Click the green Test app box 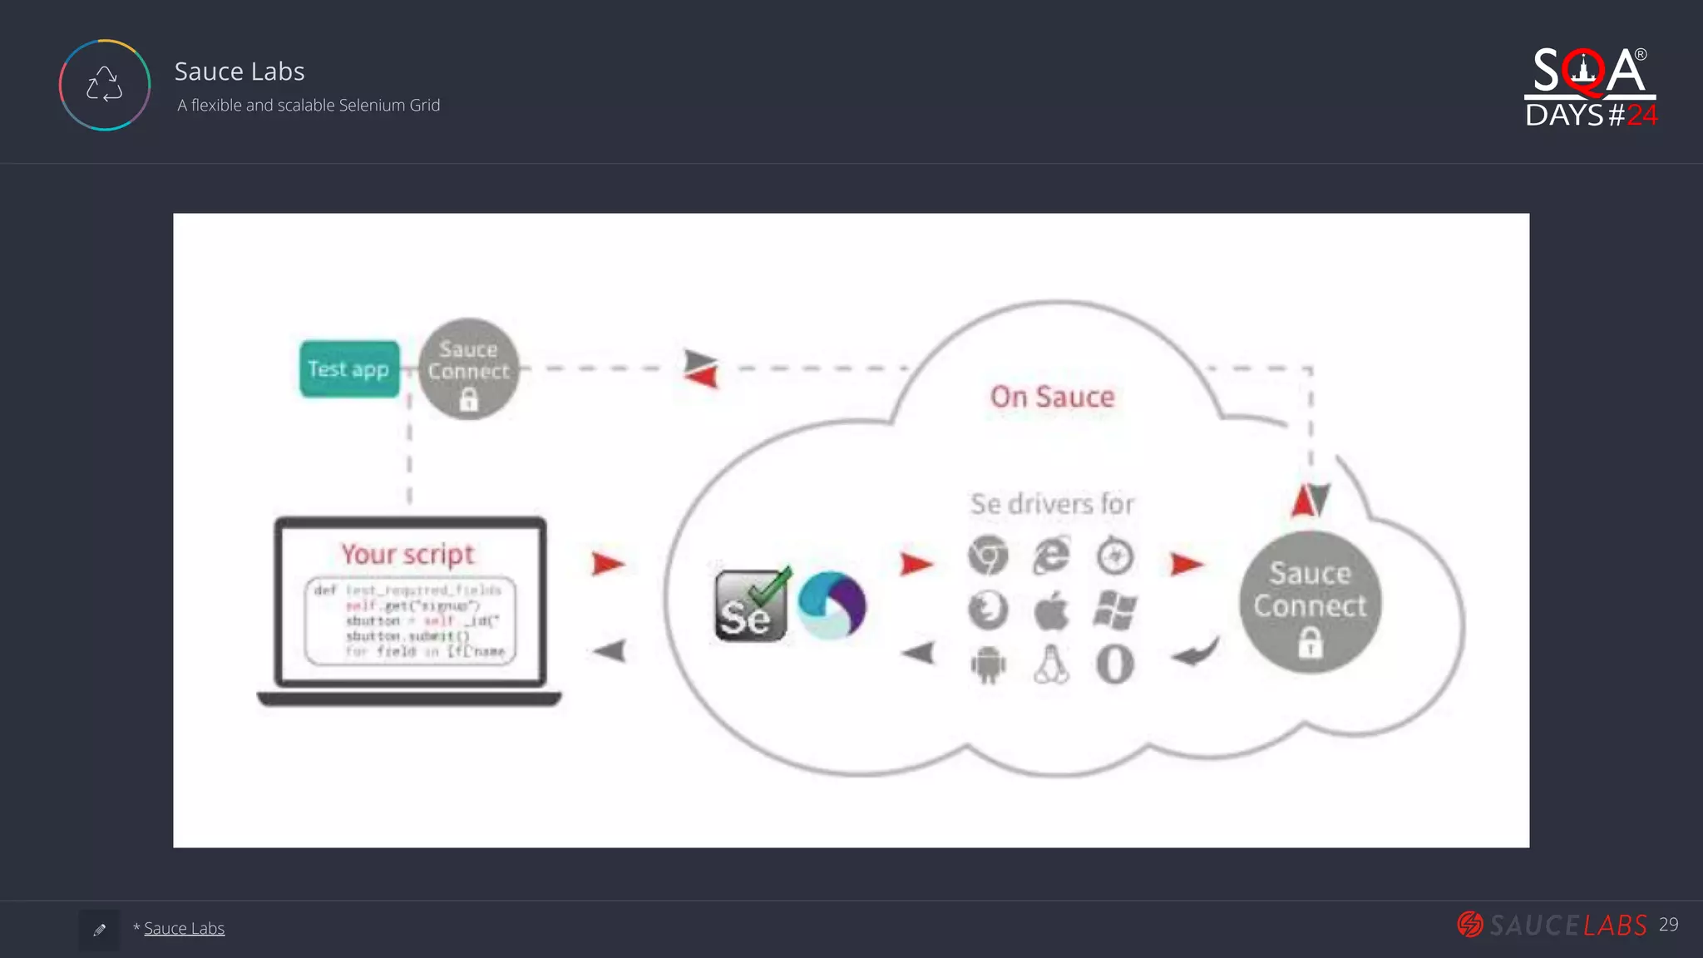pyautogui.click(x=349, y=368)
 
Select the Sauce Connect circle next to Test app pyautogui.click(x=468, y=369)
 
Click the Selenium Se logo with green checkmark pyautogui.click(x=750, y=605)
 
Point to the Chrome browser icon pyautogui.click(x=988, y=556)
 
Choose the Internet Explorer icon pyautogui.click(x=1051, y=556)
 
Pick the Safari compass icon pyautogui.click(x=1115, y=556)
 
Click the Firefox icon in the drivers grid pyautogui.click(x=988, y=610)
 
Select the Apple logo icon pyautogui.click(x=1051, y=611)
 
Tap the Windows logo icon pyautogui.click(x=1115, y=610)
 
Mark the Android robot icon pyautogui.click(x=988, y=665)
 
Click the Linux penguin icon pyautogui.click(x=1051, y=665)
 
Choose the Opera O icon pyautogui.click(x=1115, y=665)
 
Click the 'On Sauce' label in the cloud pyautogui.click(x=1052, y=397)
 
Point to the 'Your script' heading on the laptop pyautogui.click(x=407, y=554)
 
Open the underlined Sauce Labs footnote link pyautogui.click(x=184, y=928)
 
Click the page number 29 pyautogui.click(x=1668, y=925)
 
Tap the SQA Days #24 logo pyautogui.click(x=1590, y=87)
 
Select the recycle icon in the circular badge pyautogui.click(x=105, y=85)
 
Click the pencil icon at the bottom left pyautogui.click(x=100, y=930)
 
